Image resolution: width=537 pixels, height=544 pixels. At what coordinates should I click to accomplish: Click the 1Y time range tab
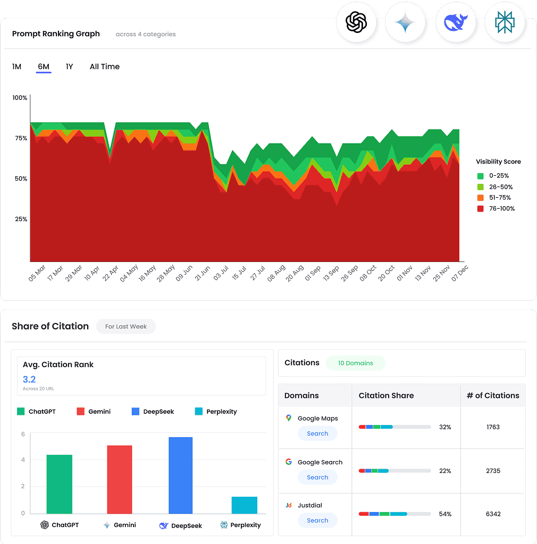coord(69,67)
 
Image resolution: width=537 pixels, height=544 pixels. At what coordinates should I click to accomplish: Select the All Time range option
coord(104,67)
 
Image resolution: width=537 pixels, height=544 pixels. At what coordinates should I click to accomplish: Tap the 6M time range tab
coord(44,67)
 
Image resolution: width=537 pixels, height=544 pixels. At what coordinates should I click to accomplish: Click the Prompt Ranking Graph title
coord(56,34)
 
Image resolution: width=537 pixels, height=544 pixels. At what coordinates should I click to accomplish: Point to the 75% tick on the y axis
coord(20,138)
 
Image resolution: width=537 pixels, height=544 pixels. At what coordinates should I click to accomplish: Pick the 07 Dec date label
coord(460,273)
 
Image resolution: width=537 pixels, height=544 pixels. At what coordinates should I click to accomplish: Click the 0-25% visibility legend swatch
coord(480,176)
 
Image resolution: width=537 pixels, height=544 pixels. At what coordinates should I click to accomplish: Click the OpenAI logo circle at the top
coord(356,22)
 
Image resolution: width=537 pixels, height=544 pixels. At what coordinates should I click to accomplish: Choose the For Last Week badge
coord(125,326)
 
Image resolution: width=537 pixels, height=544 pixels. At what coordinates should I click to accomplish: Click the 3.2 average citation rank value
coord(29,379)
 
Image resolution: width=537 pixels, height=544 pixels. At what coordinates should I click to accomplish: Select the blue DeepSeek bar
coord(180,475)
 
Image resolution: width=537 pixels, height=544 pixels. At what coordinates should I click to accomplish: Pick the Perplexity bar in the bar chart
coord(244,505)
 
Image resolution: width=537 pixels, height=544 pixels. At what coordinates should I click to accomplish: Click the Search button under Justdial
coord(317,521)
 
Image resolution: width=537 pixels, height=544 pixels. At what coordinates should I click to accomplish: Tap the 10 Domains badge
coord(355,363)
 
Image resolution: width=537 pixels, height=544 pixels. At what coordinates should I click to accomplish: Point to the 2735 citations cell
coord(493,471)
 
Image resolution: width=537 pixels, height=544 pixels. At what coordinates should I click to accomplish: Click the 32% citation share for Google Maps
coord(445,427)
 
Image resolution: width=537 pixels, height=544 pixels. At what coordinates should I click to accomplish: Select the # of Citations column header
coord(493,395)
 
